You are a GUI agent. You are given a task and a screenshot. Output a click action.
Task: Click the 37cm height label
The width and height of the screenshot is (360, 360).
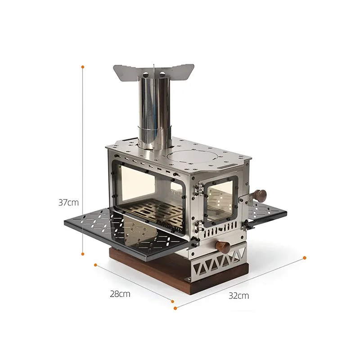pyautogui.click(x=68, y=202)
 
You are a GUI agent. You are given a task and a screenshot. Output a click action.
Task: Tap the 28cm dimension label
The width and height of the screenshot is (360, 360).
pyautogui.click(x=120, y=294)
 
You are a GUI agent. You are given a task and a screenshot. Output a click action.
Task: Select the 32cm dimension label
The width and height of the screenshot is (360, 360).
pyautogui.click(x=238, y=296)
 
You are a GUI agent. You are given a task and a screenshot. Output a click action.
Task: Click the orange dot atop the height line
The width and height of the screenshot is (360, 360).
pyautogui.click(x=83, y=67)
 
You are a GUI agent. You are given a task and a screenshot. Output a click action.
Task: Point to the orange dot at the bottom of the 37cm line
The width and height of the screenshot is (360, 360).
pyautogui.click(x=83, y=254)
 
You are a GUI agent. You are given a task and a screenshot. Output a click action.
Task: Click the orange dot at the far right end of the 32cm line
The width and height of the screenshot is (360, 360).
pyautogui.click(x=305, y=258)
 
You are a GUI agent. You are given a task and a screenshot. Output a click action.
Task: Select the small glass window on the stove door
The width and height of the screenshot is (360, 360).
pyautogui.click(x=220, y=200)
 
